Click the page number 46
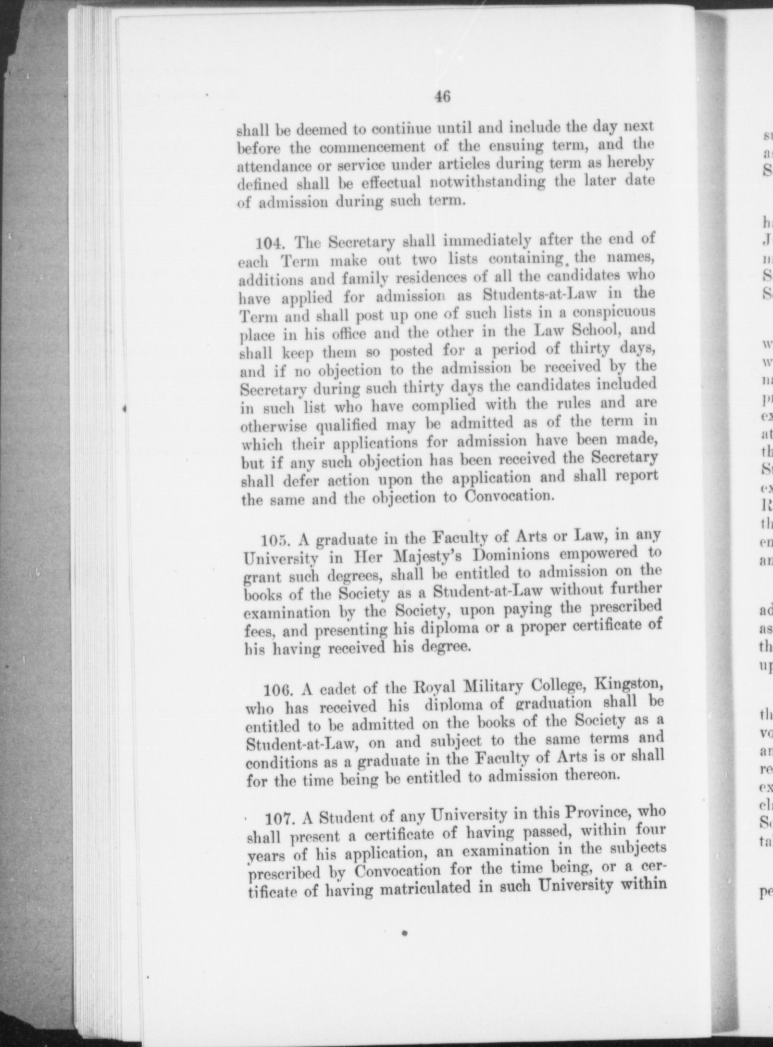click(442, 97)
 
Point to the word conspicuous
click(604, 311)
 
